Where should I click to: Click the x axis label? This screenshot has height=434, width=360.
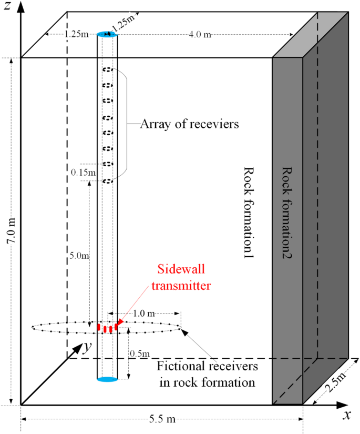pyautogui.click(x=347, y=415)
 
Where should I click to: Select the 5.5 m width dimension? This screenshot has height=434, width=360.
pyautogui.click(x=161, y=419)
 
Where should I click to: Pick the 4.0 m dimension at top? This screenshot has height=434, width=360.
pyautogui.click(x=200, y=35)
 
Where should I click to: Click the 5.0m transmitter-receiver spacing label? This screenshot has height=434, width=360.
pyautogui.click(x=79, y=256)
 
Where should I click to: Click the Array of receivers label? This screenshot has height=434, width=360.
pyautogui.click(x=189, y=125)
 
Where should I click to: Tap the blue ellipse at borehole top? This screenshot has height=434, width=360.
pyautogui.click(x=107, y=35)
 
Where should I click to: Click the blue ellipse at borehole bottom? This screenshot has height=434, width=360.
pyautogui.click(x=107, y=379)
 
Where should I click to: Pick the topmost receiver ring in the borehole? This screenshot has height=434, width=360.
pyautogui.click(x=107, y=69)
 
